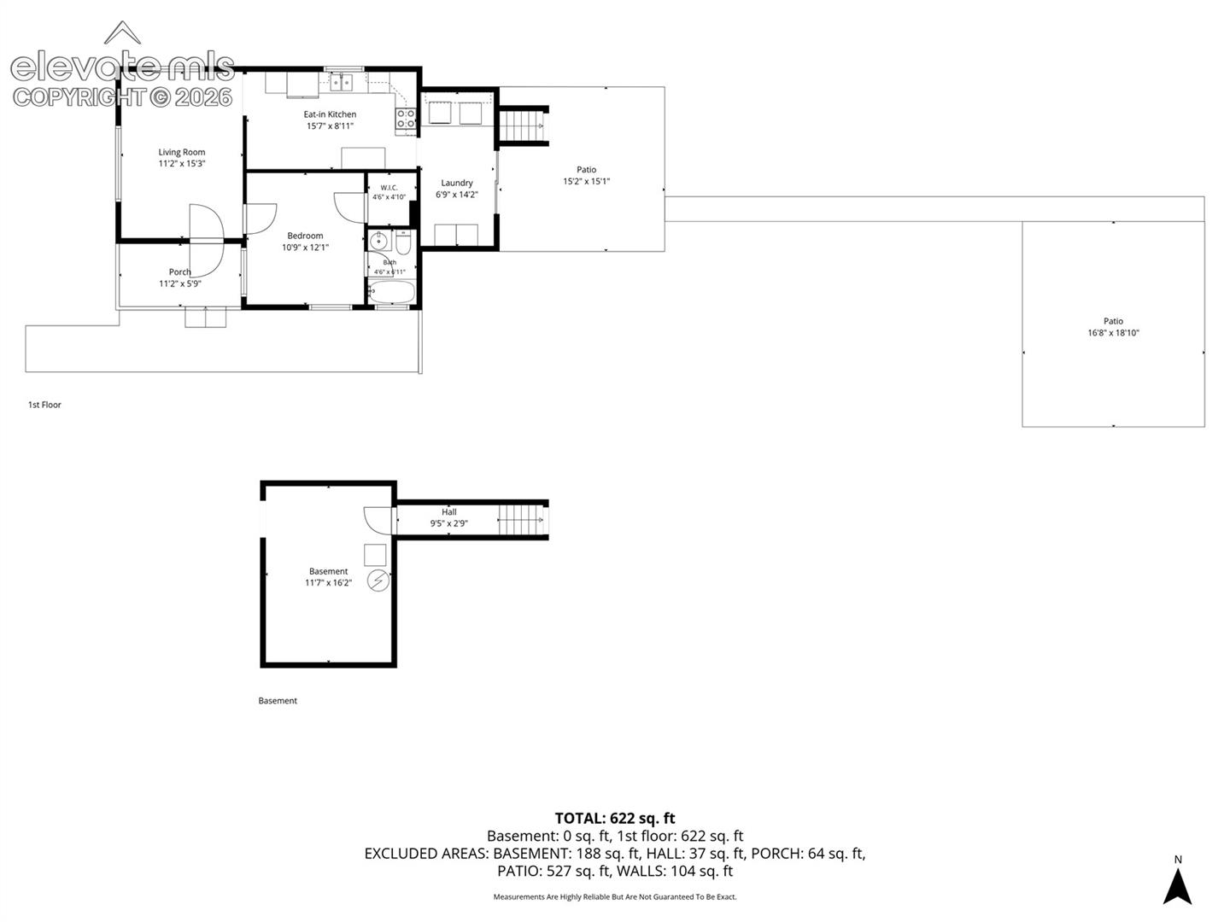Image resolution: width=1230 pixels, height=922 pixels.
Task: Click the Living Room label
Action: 182,152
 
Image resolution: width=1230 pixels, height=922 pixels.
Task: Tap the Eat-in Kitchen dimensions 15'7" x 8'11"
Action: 330,126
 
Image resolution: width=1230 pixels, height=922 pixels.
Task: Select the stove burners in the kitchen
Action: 407,119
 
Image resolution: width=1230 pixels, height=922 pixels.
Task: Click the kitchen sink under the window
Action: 341,83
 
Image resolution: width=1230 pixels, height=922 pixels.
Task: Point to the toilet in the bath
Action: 403,242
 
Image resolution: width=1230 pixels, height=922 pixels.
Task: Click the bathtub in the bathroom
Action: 391,292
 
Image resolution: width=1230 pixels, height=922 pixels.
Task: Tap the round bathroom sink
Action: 378,242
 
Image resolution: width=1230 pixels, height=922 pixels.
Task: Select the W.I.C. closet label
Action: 389,188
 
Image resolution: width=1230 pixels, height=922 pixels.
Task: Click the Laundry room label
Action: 457,183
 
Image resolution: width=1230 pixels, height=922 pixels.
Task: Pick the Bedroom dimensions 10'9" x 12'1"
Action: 305,248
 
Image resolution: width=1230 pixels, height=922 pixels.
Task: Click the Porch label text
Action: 180,272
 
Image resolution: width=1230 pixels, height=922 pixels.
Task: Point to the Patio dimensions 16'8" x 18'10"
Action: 1113,333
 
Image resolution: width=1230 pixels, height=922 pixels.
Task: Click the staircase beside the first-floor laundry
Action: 522,126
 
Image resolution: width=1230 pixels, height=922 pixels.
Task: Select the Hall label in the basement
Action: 448,511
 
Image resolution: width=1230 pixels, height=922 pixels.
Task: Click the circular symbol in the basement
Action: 378,581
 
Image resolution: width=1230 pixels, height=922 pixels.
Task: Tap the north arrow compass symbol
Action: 1177,885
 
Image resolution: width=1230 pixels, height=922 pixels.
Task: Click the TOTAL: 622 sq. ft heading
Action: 615,818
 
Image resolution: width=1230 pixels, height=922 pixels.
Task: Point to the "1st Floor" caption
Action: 44,405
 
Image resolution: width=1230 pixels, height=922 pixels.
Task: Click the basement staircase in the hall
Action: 521,520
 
